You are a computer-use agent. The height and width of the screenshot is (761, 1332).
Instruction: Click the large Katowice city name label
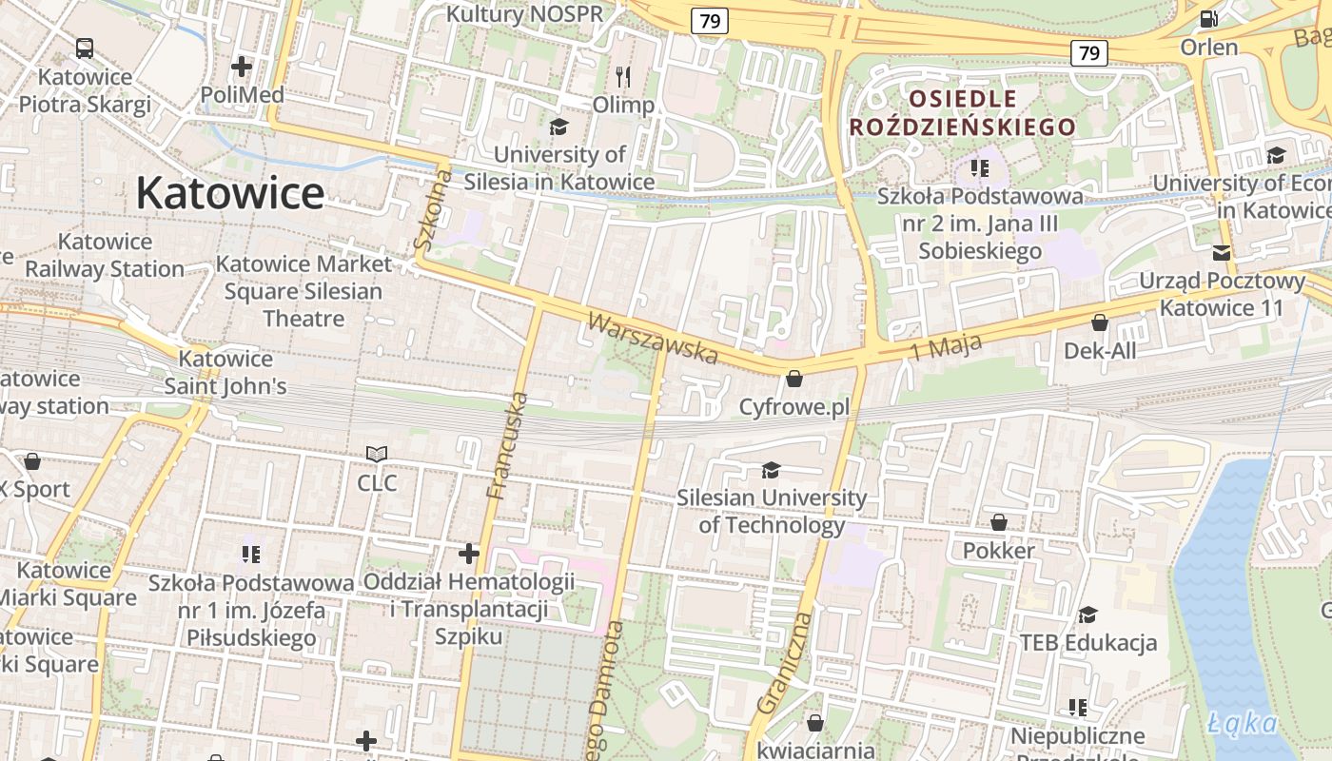tap(229, 193)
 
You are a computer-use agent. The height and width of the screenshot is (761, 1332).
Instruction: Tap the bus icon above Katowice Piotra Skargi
tap(85, 48)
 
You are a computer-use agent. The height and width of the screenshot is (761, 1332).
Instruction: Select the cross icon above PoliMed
tap(242, 67)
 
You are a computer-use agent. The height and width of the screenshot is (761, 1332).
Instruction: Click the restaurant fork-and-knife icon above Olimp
tap(623, 76)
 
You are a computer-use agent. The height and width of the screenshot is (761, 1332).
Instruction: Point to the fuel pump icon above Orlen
tap(1208, 18)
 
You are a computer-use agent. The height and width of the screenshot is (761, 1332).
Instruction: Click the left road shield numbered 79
tap(710, 20)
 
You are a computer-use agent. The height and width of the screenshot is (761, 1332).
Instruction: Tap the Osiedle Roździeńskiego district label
tap(962, 112)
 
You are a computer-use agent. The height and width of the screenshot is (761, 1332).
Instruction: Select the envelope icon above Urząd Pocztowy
tap(1222, 253)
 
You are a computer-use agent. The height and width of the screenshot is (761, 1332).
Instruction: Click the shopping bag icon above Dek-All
tap(1100, 323)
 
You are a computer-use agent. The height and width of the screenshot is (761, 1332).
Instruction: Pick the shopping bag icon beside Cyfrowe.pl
tap(794, 380)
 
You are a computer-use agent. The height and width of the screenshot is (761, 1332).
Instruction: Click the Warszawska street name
tap(653, 339)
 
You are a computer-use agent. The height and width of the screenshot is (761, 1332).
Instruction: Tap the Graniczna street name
tap(786, 663)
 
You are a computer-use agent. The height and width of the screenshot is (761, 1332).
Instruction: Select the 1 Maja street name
tap(945, 347)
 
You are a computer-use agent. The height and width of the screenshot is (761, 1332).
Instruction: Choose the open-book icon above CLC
tap(377, 455)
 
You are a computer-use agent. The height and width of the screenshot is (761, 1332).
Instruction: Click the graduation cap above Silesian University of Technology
tap(771, 470)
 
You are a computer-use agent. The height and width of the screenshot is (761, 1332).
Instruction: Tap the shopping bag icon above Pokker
tap(999, 522)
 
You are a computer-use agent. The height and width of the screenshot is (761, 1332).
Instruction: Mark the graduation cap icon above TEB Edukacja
tap(1087, 615)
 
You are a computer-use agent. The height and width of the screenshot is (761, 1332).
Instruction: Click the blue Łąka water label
tap(1244, 723)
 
